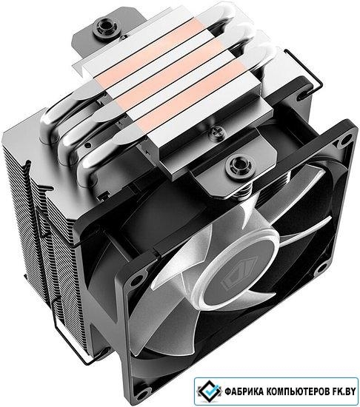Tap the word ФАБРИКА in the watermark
241,391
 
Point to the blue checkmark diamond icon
210,391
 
